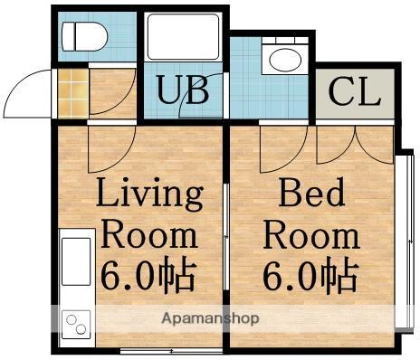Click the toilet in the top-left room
click(x=84, y=36)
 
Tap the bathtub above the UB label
click(x=183, y=36)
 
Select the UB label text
click(x=183, y=90)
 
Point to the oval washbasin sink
click(x=285, y=60)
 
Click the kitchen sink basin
click(x=76, y=261)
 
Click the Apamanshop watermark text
click(x=210, y=318)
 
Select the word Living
click(x=149, y=193)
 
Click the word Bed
click(x=311, y=192)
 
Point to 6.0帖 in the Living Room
click(x=148, y=276)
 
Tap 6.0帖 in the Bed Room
click(x=310, y=275)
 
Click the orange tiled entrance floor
click(x=73, y=93)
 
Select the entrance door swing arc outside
click(x=20, y=84)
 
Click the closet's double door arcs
click(x=356, y=145)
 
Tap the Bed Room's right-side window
click(x=405, y=242)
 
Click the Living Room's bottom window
click(x=171, y=351)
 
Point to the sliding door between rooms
click(x=226, y=237)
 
